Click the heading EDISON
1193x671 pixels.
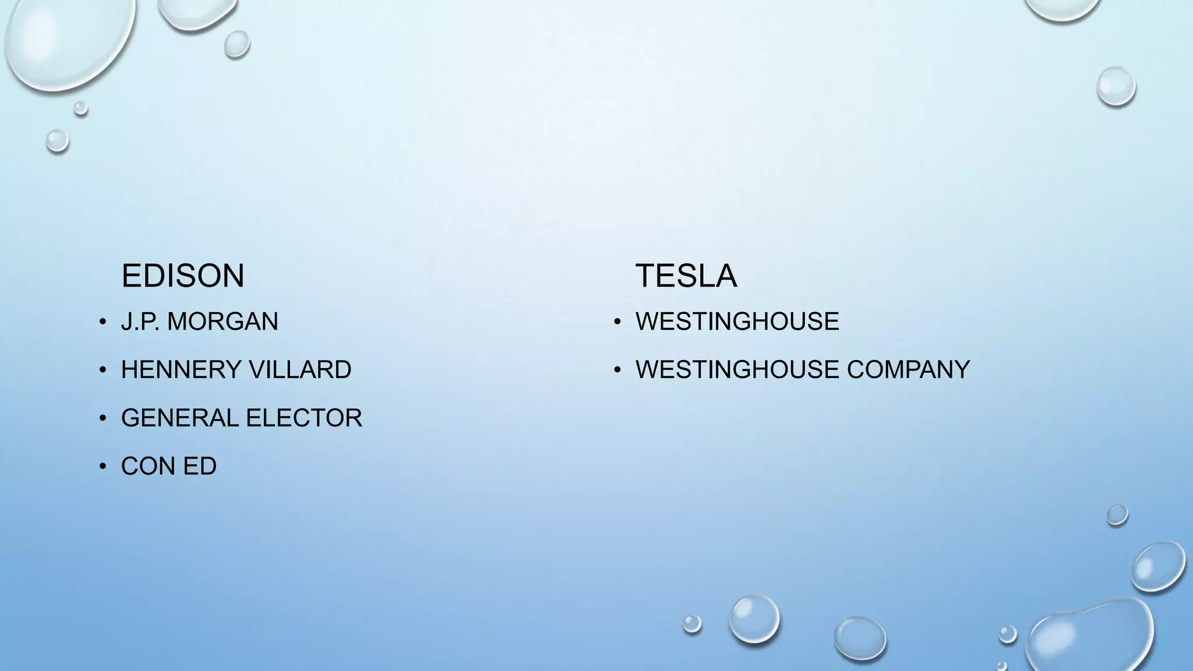pyautogui.click(x=182, y=276)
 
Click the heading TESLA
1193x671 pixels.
pyautogui.click(x=686, y=276)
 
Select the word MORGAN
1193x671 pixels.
pyautogui.click(x=223, y=322)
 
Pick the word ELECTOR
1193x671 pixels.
pyautogui.click(x=303, y=418)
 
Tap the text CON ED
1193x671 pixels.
pyautogui.click(x=168, y=466)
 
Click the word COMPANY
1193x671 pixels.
pyautogui.click(x=908, y=370)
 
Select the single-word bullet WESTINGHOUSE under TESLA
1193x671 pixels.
pyautogui.click(x=737, y=322)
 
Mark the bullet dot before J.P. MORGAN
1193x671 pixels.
pyautogui.click(x=103, y=322)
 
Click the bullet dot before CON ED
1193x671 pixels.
pyautogui.click(x=103, y=467)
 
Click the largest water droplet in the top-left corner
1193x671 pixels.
pyautogui.click(x=67, y=41)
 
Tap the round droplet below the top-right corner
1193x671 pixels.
pyautogui.click(x=1116, y=86)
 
